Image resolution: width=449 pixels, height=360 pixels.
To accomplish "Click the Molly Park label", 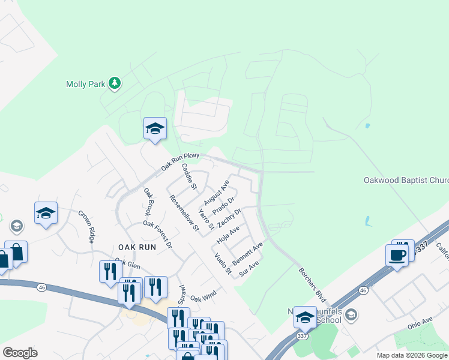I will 85,85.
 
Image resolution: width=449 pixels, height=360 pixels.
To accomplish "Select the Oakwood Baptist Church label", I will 406,180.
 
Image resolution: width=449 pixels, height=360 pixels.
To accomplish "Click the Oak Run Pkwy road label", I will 180,160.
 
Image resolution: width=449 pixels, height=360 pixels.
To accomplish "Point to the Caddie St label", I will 189,176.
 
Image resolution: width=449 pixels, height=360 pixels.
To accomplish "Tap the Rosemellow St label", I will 184,213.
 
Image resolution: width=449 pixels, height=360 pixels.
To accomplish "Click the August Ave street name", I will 217,191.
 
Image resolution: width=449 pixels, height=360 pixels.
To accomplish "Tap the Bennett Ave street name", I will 248,254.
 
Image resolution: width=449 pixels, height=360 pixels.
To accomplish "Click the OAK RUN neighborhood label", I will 137,247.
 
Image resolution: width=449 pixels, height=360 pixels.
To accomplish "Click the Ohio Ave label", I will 419,323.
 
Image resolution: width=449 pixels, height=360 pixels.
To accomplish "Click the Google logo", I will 20,353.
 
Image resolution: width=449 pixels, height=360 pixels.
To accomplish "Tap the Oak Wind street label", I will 203,296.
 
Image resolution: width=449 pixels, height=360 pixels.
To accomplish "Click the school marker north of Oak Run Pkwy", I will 155,128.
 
